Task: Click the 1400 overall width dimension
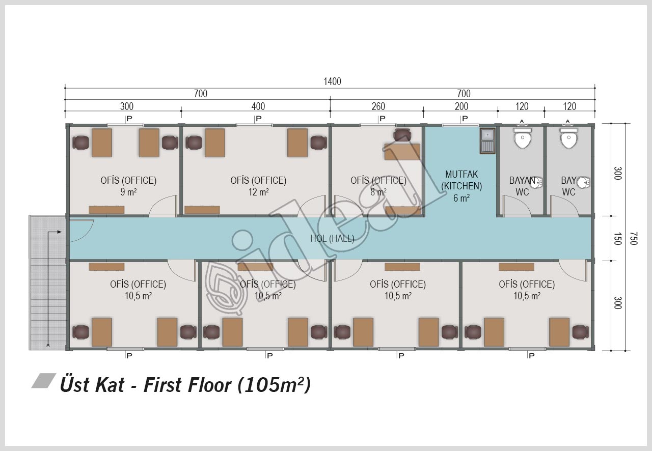(332, 81)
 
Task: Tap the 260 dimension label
(378, 106)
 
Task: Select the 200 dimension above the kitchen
(461, 106)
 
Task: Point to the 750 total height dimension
(633, 238)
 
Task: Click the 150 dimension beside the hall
(618, 238)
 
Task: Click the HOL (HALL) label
(332, 239)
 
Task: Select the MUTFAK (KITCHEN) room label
(461, 180)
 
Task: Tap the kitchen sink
(487, 141)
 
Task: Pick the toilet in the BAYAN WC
(523, 138)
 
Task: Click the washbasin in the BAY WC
(584, 182)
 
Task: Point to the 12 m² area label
(258, 192)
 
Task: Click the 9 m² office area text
(128, 192)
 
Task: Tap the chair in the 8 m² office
(402, 135)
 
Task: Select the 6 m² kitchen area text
(461, 198)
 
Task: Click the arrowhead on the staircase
(60, 232)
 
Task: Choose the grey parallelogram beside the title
(44, 381)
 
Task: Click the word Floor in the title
(209, 385)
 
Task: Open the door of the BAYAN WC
(517, 206)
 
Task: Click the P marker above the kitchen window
(465, 119)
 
